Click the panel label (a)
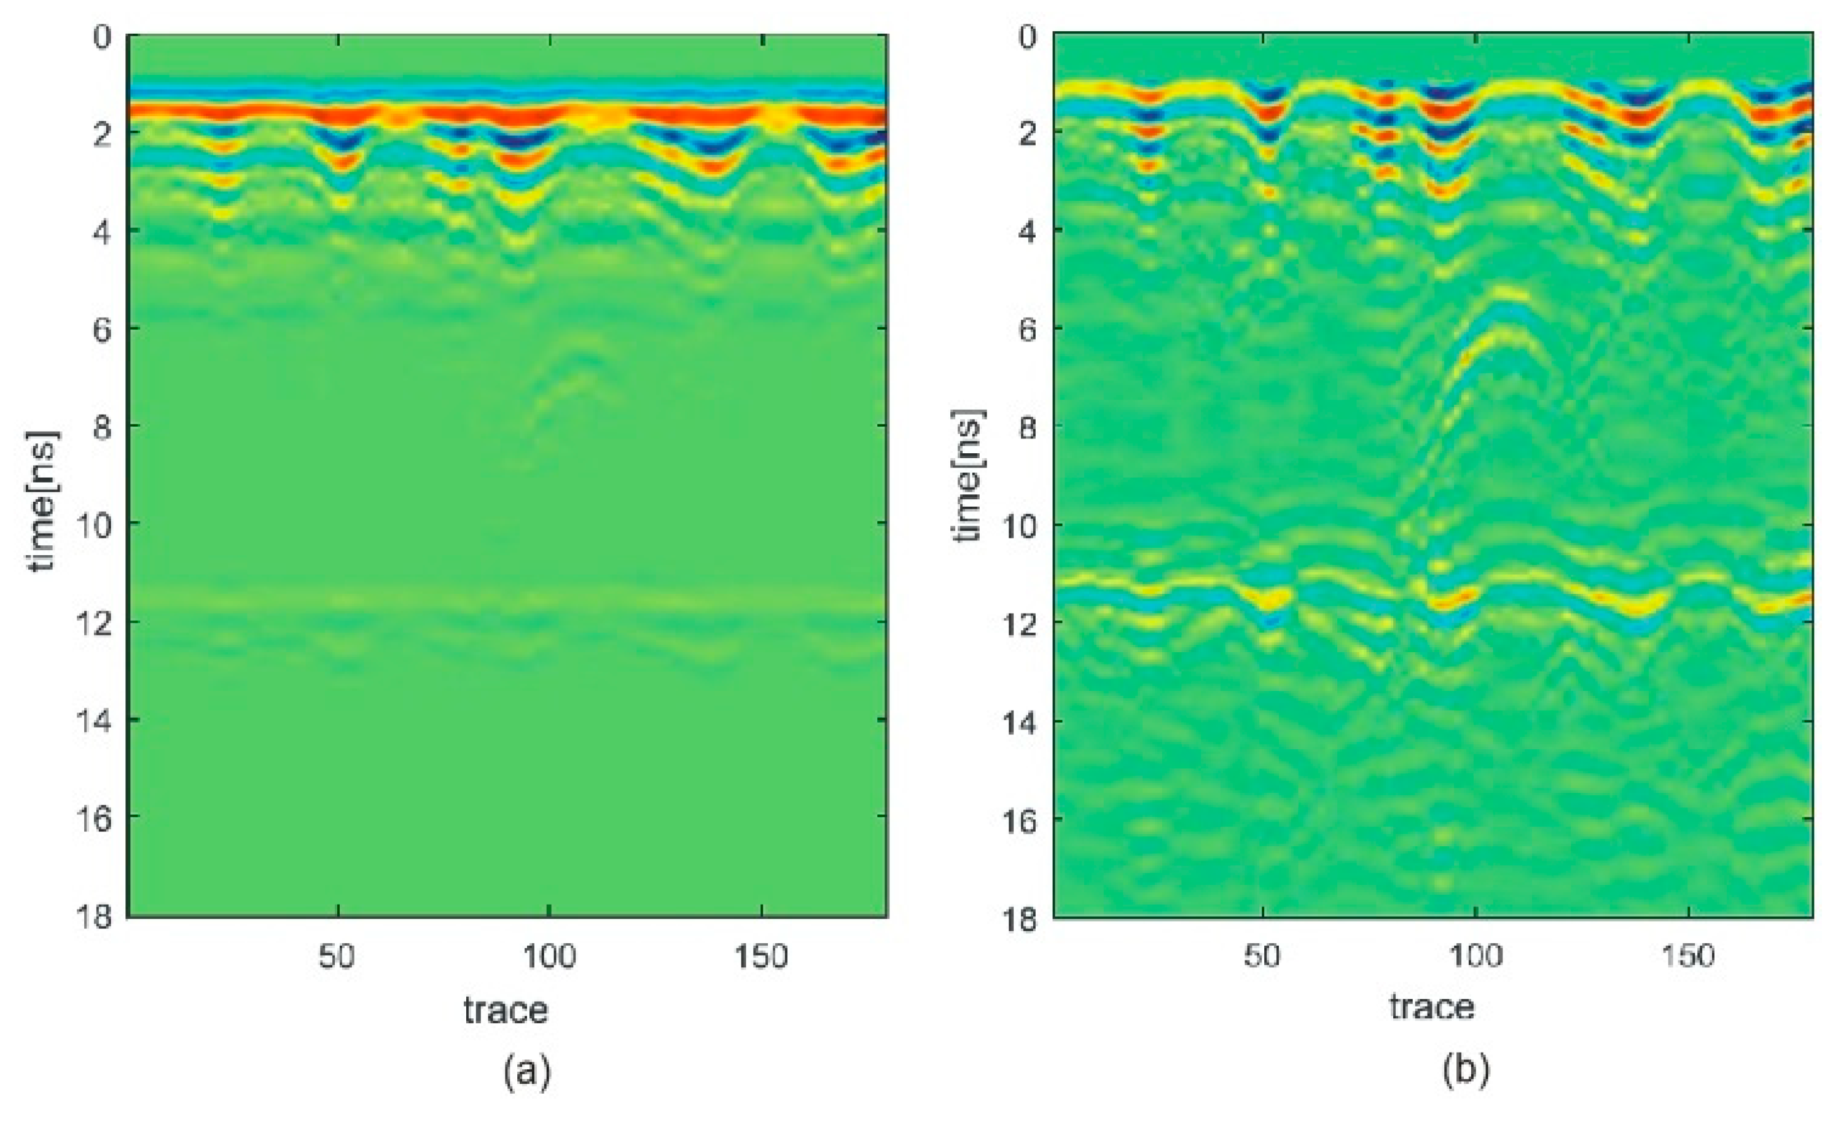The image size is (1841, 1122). click(x=528, y=1071)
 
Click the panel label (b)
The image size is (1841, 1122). click(x=1466, y=1068)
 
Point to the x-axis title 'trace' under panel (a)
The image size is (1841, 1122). click(x=506, y=1010)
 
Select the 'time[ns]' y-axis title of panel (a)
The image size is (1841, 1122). click(x=42, y=500)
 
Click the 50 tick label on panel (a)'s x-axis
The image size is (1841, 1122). click(x=337, y=956)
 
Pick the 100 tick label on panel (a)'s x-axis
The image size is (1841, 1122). click(x=549, y=956)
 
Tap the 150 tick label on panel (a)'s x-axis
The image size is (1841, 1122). click(x=760, y=956)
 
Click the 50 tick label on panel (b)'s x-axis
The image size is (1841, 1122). click(x=1262, y=956)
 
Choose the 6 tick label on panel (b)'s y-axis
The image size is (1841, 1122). click(x=1028, y=329)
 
